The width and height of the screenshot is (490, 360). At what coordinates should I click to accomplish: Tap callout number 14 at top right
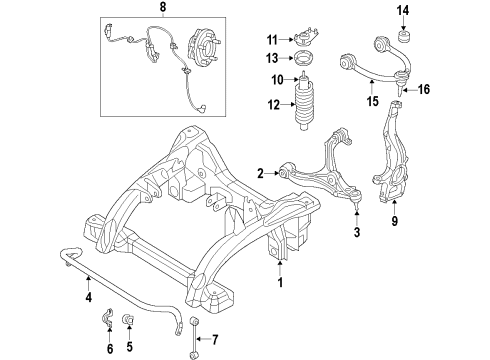tap(404, 11)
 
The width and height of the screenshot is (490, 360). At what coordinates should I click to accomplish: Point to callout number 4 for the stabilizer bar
tap(89, 297)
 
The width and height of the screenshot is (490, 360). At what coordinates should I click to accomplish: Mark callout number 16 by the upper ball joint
tap(424, 89)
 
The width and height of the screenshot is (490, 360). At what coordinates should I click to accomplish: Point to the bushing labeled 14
tap(405, 41)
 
